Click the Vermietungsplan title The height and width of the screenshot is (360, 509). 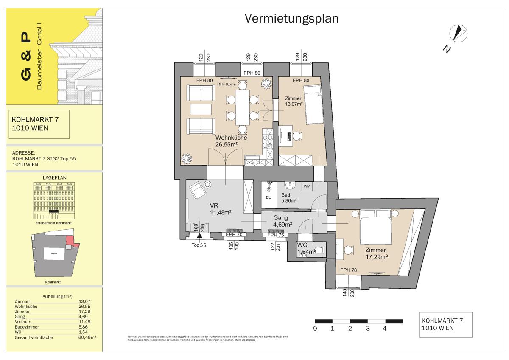pos(291,19)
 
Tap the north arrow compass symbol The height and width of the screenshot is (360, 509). pos(459,33)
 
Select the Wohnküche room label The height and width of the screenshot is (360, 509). pos(231,138)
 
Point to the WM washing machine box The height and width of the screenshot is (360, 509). pos(306,186)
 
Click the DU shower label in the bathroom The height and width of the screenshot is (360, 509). pos(268,197)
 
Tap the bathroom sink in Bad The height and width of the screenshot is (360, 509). pos(291,186)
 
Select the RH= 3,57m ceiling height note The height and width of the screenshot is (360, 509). pos(227,84)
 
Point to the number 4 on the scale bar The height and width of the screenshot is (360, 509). pos(385,328)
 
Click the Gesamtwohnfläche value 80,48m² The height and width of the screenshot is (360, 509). pos(88,337)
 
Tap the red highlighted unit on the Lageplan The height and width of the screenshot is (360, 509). pos(70,240)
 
